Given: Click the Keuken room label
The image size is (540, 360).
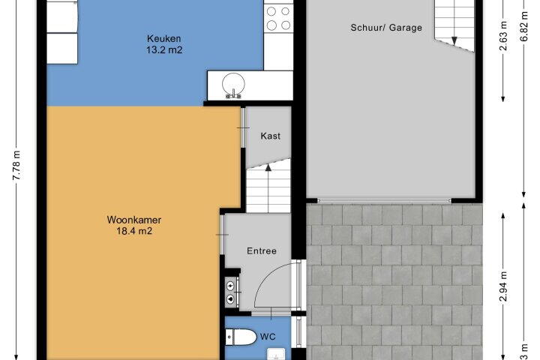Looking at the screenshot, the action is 164,38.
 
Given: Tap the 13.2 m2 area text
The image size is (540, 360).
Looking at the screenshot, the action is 164,50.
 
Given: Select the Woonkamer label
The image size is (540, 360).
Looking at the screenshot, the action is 134,220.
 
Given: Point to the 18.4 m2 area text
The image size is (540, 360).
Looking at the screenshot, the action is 134,231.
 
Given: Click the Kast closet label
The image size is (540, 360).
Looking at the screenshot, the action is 270,136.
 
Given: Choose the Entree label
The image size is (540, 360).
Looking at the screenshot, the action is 262,250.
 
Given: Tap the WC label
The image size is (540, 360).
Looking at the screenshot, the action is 268,337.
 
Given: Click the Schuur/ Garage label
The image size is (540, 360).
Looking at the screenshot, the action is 386,28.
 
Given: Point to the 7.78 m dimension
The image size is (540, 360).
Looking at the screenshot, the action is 16,165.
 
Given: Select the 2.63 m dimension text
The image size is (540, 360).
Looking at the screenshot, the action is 503,36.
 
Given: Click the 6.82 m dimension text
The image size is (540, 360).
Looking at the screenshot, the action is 523,26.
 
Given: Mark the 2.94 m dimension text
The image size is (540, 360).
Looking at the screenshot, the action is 503,286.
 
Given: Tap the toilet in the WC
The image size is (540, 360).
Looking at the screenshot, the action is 241,337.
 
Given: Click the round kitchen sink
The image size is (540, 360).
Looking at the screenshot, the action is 233,85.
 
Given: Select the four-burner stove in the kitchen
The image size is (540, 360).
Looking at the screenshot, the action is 278,19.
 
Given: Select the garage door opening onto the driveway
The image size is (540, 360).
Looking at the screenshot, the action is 384,200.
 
